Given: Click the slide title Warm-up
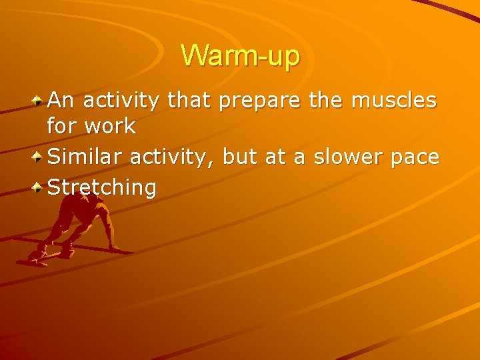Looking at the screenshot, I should [240, 57].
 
